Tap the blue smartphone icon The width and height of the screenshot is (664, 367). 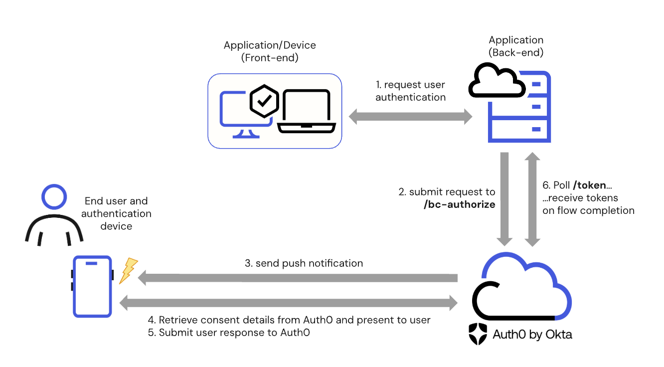click(x=93, y=286)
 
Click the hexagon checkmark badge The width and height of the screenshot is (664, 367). click(x=264, y=101)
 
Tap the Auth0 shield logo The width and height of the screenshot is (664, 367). click(x=478, y=334)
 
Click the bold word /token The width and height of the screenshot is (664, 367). click(x=589, y=185)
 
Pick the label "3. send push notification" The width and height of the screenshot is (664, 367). click(x=304, y=263)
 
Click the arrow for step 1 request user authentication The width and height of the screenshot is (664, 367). click(x=410, y=118)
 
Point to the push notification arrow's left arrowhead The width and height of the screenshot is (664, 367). click(x=143, y=278)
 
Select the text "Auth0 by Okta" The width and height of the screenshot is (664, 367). click(x=532, y=335)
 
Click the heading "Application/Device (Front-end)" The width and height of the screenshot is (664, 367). click(x=270, y=51)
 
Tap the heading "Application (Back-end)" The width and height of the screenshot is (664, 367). click(x=516, y=46)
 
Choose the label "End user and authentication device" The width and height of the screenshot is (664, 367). click(x=116, y=213)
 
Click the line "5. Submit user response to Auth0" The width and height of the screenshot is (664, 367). click(x=229, y=333)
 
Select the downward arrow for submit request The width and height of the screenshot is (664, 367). click(x=504, y=199)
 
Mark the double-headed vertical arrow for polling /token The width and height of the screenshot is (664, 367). click(x=532, y=199)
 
